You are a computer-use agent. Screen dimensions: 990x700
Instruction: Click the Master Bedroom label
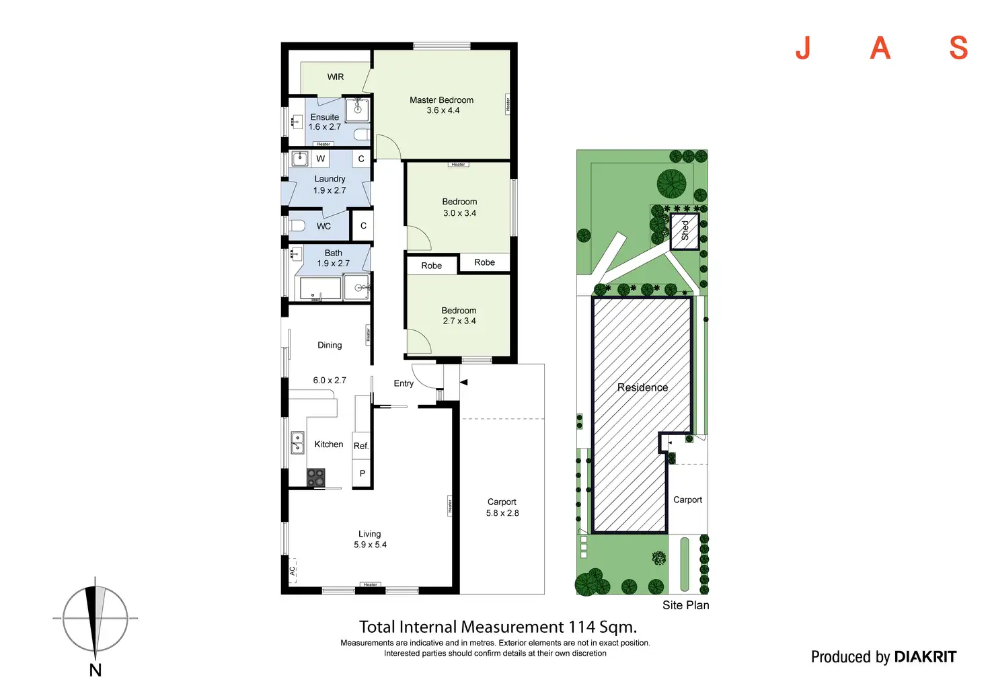[441, 100]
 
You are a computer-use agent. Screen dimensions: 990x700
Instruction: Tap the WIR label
[336, 77]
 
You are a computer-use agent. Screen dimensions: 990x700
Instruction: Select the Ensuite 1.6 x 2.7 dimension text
[325, 127]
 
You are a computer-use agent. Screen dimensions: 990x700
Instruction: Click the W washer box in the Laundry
[321, 159]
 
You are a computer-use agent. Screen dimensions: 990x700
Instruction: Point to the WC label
[323, 227]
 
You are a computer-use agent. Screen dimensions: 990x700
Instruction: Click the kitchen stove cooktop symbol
[316, 477]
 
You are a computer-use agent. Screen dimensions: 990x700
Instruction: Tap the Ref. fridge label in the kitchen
[361, 446]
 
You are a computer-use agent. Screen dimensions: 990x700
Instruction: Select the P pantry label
[363, 473]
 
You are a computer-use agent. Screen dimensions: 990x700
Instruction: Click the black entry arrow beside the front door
[463, 383]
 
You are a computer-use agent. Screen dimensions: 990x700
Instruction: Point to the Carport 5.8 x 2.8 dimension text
[502, 513]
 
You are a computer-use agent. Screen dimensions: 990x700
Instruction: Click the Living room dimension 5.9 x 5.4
[370, 545]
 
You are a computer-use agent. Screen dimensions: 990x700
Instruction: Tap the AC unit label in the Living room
[293, 570]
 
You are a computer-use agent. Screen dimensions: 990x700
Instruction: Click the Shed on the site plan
[685, 231]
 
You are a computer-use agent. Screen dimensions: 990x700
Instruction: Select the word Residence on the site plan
[642, 387]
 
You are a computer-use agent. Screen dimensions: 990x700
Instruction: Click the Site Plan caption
[685, 605]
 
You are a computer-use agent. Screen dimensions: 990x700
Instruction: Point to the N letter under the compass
[96, 670]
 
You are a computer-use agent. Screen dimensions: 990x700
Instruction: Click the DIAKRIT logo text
[925, 657]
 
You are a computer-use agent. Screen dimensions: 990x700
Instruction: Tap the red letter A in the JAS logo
[880, 48]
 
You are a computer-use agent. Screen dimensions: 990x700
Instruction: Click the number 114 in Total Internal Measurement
[582, 627]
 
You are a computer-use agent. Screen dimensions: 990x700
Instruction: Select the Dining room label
[330, 345]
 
